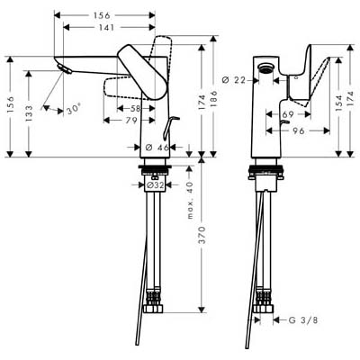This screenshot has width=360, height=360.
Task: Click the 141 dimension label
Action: tap(106, 27)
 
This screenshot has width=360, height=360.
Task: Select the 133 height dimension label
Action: tap(29, 112)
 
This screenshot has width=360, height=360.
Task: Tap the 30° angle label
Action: tap(74, 109)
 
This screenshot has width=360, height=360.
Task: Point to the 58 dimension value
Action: tap(136, 108)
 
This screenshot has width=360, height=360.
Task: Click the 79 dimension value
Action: tap(131, 121)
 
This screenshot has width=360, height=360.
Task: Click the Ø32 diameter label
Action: tap(156, 185)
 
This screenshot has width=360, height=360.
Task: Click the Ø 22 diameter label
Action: tap(234, 80)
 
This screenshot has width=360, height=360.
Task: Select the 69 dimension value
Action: tap(288, 114)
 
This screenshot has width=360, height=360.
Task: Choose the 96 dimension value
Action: tap(298, 130)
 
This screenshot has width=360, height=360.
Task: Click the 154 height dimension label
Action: tap(338, 103)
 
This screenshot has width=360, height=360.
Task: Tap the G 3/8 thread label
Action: tap(302, 320)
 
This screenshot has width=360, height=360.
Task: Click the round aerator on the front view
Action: tap(265, 68)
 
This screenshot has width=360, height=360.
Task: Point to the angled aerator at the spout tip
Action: tap(65, 68)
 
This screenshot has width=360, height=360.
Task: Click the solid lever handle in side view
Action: tap(142, 72)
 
